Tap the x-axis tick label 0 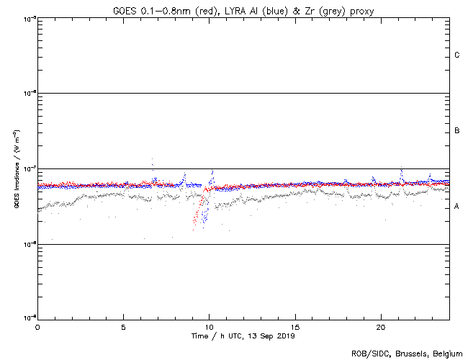tap(37, 326)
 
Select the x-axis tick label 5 tap(123, 326)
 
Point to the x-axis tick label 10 tap(209, 326)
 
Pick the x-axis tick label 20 tap(380, 326)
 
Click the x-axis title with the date tap(243, 336)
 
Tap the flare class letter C tap(457, 55)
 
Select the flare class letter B tap(457, 131)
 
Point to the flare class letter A tap(457, 207)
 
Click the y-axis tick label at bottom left tap(30, 318)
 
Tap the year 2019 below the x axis tap(285, 336)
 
